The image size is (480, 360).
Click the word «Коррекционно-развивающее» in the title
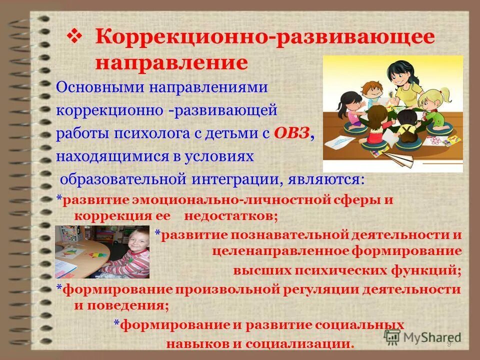[264, 38]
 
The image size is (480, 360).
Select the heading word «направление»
[171, 63]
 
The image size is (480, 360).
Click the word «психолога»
[159, 133]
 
